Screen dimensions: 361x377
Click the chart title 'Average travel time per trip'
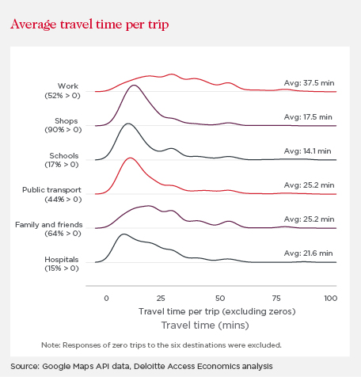(x=89, y=25)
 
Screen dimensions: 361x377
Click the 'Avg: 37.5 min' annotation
(x=309, y=83)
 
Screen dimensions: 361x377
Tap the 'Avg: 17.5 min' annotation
(x=308, y=117)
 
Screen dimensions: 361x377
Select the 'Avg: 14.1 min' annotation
(x=307, y=151)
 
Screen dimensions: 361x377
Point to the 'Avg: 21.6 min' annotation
(x=308, y=253)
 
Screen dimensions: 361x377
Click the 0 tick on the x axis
(x=106, y=299)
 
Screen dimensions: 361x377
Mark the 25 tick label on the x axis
(x=161, y=299)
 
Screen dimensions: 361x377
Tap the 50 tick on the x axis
(x=220, y=299)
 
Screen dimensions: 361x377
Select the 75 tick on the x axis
(x=276, y=299)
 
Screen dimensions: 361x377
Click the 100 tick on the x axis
(x=331, y=299)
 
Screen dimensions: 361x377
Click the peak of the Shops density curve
(x=134, y=86)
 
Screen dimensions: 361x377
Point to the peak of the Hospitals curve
(x=123, y=234)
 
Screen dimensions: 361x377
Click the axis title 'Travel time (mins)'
(x=205, y=326)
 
